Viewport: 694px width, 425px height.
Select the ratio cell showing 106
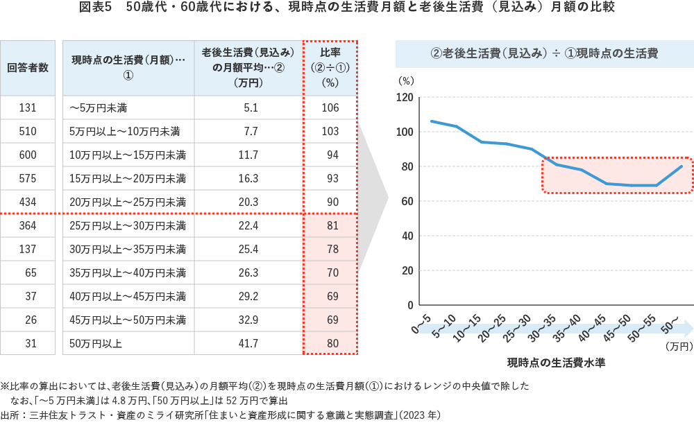tap(330, 107)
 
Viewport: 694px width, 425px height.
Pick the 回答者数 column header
tap(28, 68)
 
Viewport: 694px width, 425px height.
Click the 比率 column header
tap(330, 68)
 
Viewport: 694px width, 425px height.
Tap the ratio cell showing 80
tap(330, 343)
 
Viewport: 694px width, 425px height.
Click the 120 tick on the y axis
tap(405, 97)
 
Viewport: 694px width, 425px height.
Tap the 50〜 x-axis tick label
tap(672, 322)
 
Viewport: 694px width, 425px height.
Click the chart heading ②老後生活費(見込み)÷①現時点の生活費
tap(545, 53)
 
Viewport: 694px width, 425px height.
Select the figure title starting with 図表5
tap(346, 8)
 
